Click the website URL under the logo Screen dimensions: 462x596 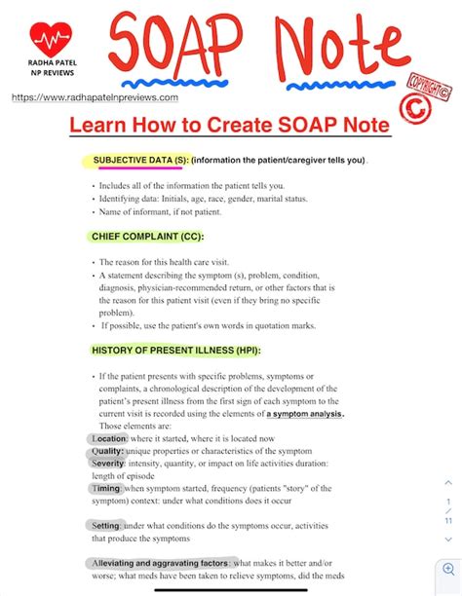pos(95,97)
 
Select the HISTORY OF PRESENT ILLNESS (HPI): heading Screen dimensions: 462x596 pos(176,350)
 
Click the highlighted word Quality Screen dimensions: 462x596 pos(107,451)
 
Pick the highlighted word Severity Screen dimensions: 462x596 pos(110,464)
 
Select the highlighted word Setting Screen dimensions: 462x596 pos(107,525)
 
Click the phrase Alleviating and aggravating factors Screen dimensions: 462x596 pos(160,562)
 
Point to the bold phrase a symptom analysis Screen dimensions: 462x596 pos(305,414)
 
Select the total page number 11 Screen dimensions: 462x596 pos(448,521)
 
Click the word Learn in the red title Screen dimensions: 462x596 pos(103,126)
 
